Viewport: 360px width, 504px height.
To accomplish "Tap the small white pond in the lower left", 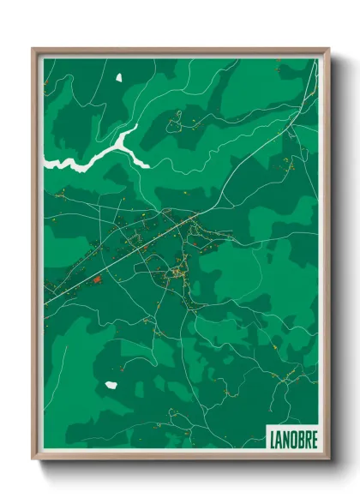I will (111, 385).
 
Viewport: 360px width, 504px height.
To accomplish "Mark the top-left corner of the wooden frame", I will (33, 49).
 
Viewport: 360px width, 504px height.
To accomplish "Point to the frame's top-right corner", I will (328, 49).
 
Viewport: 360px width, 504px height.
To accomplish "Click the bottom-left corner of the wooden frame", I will (33, 460).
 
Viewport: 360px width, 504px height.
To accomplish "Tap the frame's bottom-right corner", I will (328, 460).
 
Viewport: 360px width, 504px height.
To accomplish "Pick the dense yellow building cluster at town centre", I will (176, 273).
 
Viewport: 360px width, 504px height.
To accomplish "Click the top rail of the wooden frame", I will (180, 51).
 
